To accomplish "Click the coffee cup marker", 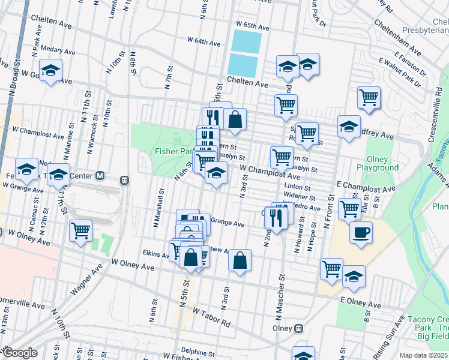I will pyautogui.click(x=361, y=232).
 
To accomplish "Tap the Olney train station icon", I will pyautogui.click(x=299, y=329).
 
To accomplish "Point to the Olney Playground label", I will pyautogui.click(x=378, y=163).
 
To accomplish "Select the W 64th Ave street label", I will pyautogui.click(x=204, y=41).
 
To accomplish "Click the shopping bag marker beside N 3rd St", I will pyautogui.click(x=240, y=260).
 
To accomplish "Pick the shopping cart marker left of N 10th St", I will pyautogui.click(x=80, y=231).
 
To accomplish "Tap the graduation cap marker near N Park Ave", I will pyautogui.click(x=51, y=70).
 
